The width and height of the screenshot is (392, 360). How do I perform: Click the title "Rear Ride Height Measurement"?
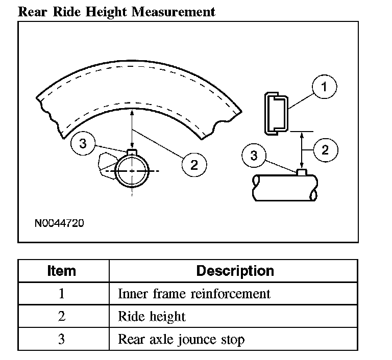[x=116, y=11]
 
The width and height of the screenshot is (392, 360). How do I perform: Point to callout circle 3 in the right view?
[x=254, y=156]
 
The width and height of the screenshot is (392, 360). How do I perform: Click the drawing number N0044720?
[x=59, y=223]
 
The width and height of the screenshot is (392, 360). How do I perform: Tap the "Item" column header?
[x=62, y=271]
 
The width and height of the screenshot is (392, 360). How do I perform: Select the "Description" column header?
[x=235, y=271]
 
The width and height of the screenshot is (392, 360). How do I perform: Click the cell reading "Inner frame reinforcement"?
[x=194, y=294]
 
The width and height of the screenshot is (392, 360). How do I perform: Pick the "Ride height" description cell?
[x=152, y=317]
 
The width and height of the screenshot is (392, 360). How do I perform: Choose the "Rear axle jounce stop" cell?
[x=181, y=339]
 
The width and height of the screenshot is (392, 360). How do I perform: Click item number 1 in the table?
[x=62, y=294]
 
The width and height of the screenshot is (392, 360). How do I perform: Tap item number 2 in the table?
[x=62, y=317]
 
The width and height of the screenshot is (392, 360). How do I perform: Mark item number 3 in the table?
[x=62, y=339]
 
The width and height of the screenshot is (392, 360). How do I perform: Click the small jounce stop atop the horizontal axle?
[x=302, y=173]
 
